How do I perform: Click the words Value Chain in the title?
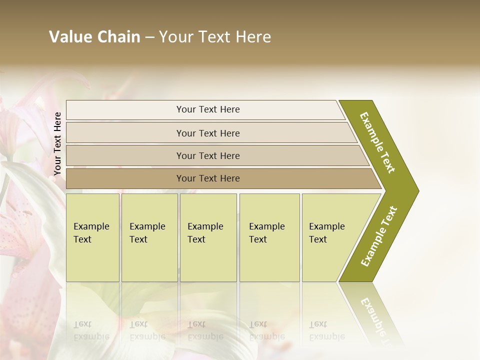pos(94,37)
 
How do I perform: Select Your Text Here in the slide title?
pos(215,37)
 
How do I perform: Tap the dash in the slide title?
pos(149,37)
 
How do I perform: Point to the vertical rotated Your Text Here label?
pos(57,143)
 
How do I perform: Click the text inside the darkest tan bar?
pos(208,178)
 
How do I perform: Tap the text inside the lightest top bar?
pos(208,109)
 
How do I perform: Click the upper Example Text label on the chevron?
pos(377,142)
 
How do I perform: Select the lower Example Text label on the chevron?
pos(379,236)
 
